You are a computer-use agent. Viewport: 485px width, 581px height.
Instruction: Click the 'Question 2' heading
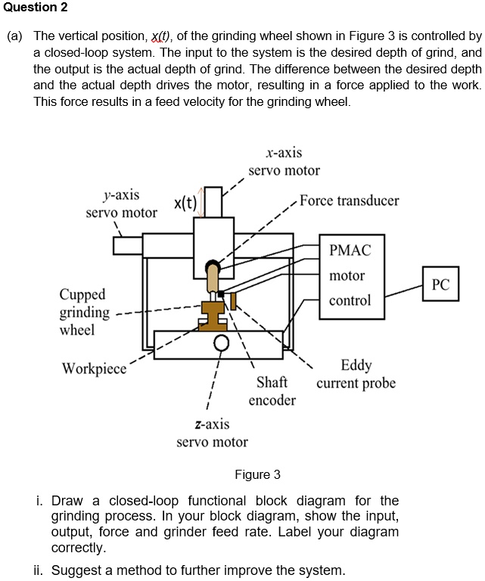pyautogui.click(x=34, y=8)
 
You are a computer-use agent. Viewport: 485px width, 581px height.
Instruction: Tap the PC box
pyautogui.click(x=440, y=284)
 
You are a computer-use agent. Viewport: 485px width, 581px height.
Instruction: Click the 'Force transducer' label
pyautogui.click(x=349, y=200)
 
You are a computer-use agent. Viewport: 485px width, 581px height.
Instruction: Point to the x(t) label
pyautogui.click(x=185, y=203)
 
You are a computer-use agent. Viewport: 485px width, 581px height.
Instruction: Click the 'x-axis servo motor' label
pyautogui.click(x=284, y=162)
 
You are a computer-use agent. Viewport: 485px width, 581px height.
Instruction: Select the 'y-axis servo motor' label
pyautogui.click(x=121, y=204)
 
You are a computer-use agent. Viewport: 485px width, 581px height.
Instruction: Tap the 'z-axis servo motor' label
pyautogui.click(x=212, y=433)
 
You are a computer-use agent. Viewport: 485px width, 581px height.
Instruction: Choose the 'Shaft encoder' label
pyautogui.click(x=272, y=390)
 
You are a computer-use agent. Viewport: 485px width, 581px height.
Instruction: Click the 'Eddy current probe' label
pyautogui.click(x=356, y=374)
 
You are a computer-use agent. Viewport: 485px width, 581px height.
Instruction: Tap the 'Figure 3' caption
pyautogui.click(x=257, y=474)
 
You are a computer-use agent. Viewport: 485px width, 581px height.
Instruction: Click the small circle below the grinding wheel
pyautogui.click(x=221, y=345)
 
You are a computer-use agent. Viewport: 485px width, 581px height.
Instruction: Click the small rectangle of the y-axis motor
pyautogui.click(x=128, y=246)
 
